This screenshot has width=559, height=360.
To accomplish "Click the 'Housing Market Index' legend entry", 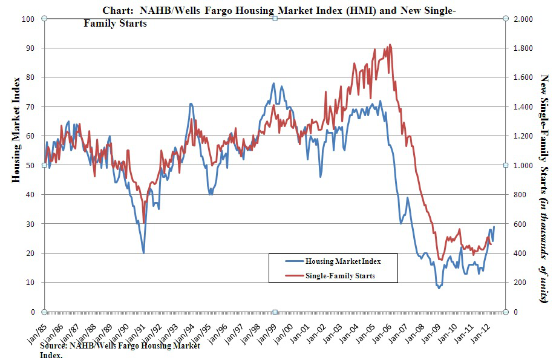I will pyautogui.click(x=342, y=261).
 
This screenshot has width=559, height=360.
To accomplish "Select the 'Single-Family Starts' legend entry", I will pyautogui.click(x=341, y=276).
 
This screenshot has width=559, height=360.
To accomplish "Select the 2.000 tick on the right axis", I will pyautogui.click(x=522, y=19).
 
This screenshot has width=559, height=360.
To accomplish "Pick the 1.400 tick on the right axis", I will pyautogui.click(x=522, y=106).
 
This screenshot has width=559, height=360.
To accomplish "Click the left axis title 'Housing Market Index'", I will pyautogui.click(x=16, y=129).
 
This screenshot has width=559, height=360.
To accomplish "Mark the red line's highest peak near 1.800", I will pyautogui.click(x=390, y=44).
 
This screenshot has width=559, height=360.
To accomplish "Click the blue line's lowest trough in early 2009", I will pyautogui.click(x=439, y=288).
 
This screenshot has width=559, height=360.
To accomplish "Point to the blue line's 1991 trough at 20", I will pyautogui.click(x=143, y=252).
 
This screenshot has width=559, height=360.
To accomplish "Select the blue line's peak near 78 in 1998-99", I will pyautogui.click(x=273, y=83).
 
